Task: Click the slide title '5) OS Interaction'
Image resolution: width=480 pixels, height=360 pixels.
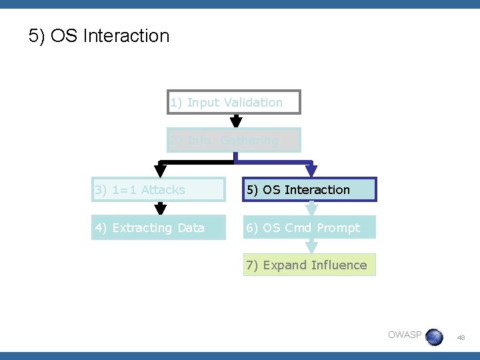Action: pos(99,35)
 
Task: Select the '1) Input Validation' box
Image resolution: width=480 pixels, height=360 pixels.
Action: pos(234,102)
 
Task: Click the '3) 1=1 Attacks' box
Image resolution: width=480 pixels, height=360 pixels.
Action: pos(159,189)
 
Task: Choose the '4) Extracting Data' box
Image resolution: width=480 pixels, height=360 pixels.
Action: pos(159,227)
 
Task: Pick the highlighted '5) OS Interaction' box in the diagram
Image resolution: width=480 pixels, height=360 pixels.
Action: pos(310,189)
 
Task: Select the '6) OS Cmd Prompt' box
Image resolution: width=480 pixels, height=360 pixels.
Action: pos(310,227)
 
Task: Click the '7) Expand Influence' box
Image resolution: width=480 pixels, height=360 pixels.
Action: pos(310,265)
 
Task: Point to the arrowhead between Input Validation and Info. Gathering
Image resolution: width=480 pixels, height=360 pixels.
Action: pos(235,121)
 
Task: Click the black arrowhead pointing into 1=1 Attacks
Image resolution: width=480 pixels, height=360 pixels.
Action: pos(160,171)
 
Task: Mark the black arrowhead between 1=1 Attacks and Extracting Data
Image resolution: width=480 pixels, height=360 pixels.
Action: pos(160,209)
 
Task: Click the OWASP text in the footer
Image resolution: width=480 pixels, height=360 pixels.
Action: pos(405,335)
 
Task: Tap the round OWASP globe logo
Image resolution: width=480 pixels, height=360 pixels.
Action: pos(434,337)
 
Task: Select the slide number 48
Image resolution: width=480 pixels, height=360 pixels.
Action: pos(461,338)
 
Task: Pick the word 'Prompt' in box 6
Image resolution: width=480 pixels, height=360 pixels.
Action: pos(338,227)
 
